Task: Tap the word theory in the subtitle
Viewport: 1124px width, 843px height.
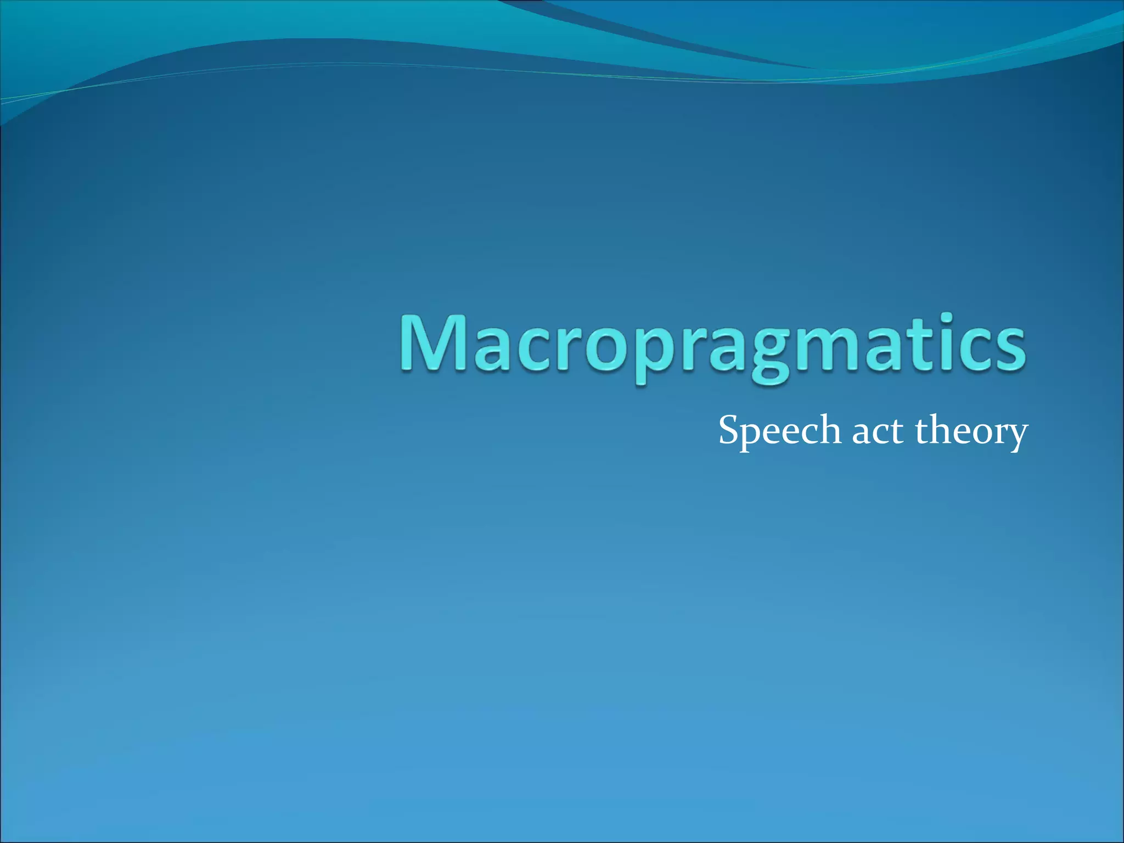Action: click(x=970, y=431)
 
